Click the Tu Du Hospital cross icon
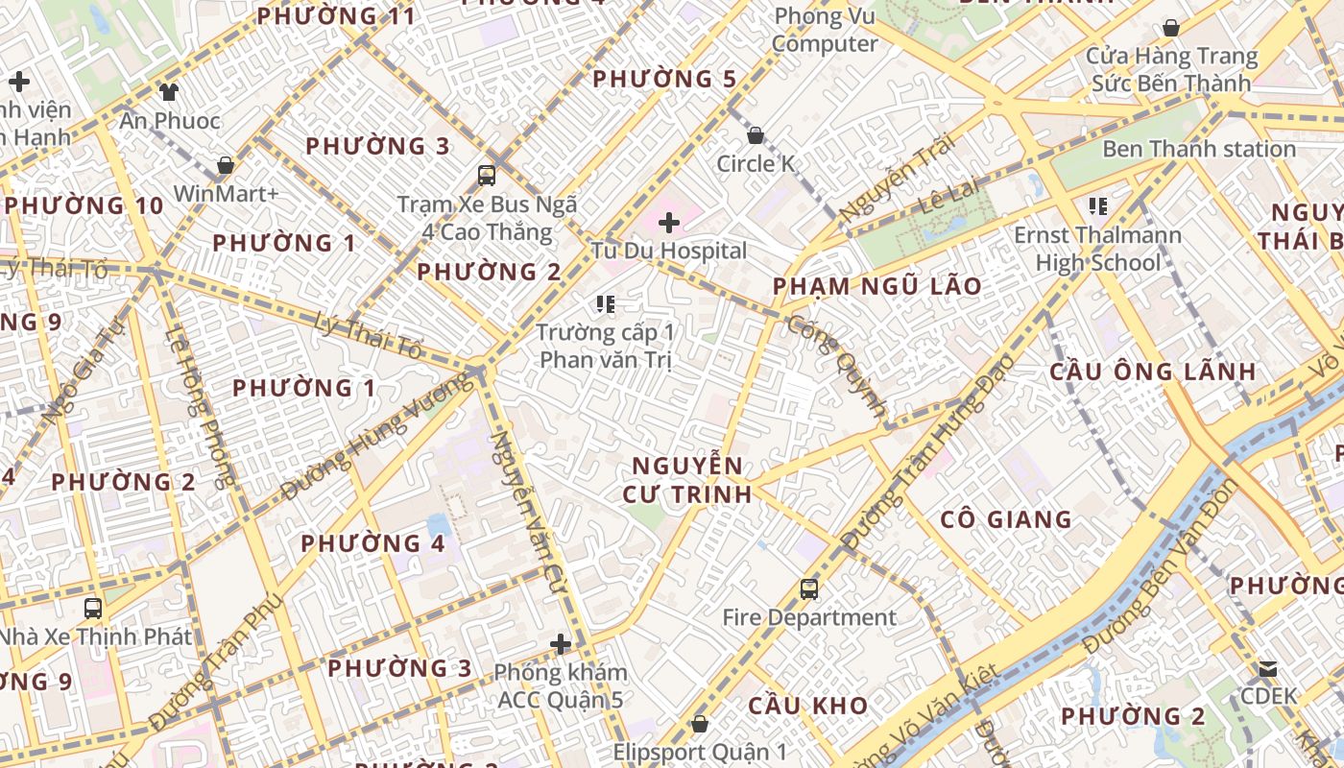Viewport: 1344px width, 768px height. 669,224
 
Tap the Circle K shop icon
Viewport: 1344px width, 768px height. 756,135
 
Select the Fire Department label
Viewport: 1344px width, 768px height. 809,617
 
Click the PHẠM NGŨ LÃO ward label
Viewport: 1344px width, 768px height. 877,286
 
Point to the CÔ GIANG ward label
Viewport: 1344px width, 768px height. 1006,519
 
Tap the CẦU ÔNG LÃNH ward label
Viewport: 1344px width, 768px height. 1152,372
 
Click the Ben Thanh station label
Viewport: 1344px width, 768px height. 1199,149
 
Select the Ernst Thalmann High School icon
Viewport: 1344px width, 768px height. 1098,205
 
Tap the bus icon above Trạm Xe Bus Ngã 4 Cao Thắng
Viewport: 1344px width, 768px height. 487,176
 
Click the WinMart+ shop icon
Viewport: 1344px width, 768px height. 226,165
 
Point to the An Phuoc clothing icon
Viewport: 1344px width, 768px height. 169,92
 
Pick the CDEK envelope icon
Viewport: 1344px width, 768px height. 1268,668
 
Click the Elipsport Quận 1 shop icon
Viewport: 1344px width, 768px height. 700,723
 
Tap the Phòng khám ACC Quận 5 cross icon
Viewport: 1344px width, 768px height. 562,643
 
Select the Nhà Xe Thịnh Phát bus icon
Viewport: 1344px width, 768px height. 93,608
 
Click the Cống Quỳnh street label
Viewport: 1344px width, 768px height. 836,365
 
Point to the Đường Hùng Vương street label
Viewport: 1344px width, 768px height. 379,437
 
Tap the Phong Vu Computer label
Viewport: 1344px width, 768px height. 825,30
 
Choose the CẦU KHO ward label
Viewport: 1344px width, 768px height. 808,706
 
